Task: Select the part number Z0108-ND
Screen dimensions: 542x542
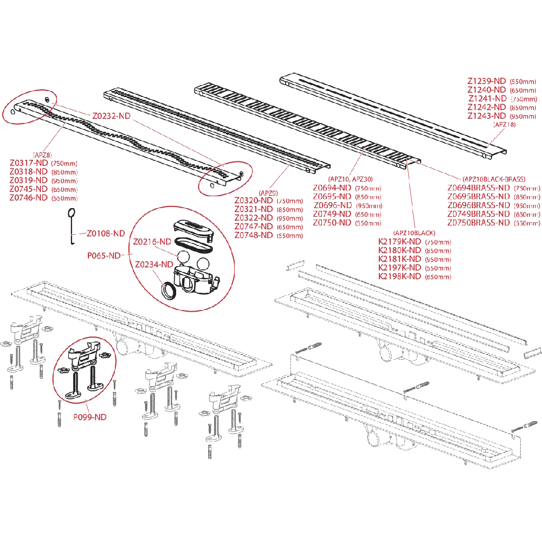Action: pos(106,234)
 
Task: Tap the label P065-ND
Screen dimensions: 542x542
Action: pos(104,256)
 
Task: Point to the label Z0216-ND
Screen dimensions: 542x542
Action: pos(152,241)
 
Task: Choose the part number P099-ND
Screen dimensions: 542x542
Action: pos(90,417)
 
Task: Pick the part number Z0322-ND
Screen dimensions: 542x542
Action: pos(254,218)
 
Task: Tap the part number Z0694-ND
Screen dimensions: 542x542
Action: pos(332,188)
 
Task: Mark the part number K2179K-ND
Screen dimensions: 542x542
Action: pos(399,242)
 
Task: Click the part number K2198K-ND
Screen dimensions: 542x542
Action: pos(399,276)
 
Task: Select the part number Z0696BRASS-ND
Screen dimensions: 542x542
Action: pos(479,205)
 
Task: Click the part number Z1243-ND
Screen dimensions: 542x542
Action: pos(487,116)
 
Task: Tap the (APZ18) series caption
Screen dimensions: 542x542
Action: pos(504,125)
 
